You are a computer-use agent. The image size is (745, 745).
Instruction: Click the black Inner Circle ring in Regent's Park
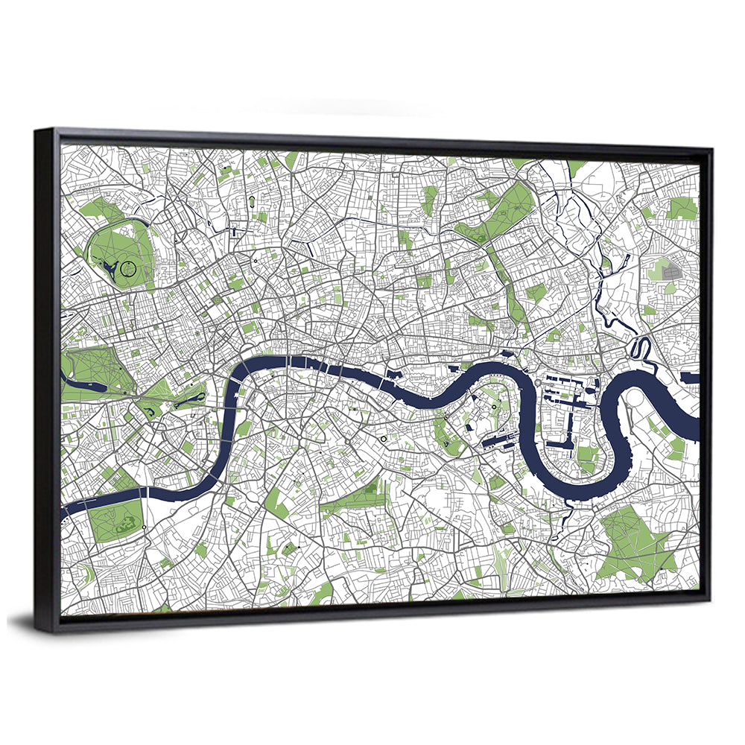click(129, 269)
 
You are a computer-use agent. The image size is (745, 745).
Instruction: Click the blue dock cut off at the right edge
click(690, 378)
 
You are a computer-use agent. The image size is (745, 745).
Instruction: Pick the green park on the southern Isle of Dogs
click(588, 455)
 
